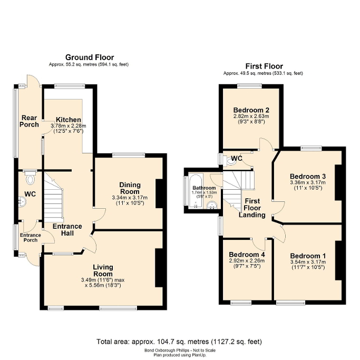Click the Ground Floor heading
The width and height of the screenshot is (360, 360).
tap(90, 57)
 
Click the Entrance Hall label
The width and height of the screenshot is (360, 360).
tap(66, 230)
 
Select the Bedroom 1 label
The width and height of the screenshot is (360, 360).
tap(308, 257)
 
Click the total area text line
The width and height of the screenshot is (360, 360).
tap(179, 342)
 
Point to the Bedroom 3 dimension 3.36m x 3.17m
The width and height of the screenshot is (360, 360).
tap(308, 183)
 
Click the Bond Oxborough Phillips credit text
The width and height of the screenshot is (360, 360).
tap(179, 350)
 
